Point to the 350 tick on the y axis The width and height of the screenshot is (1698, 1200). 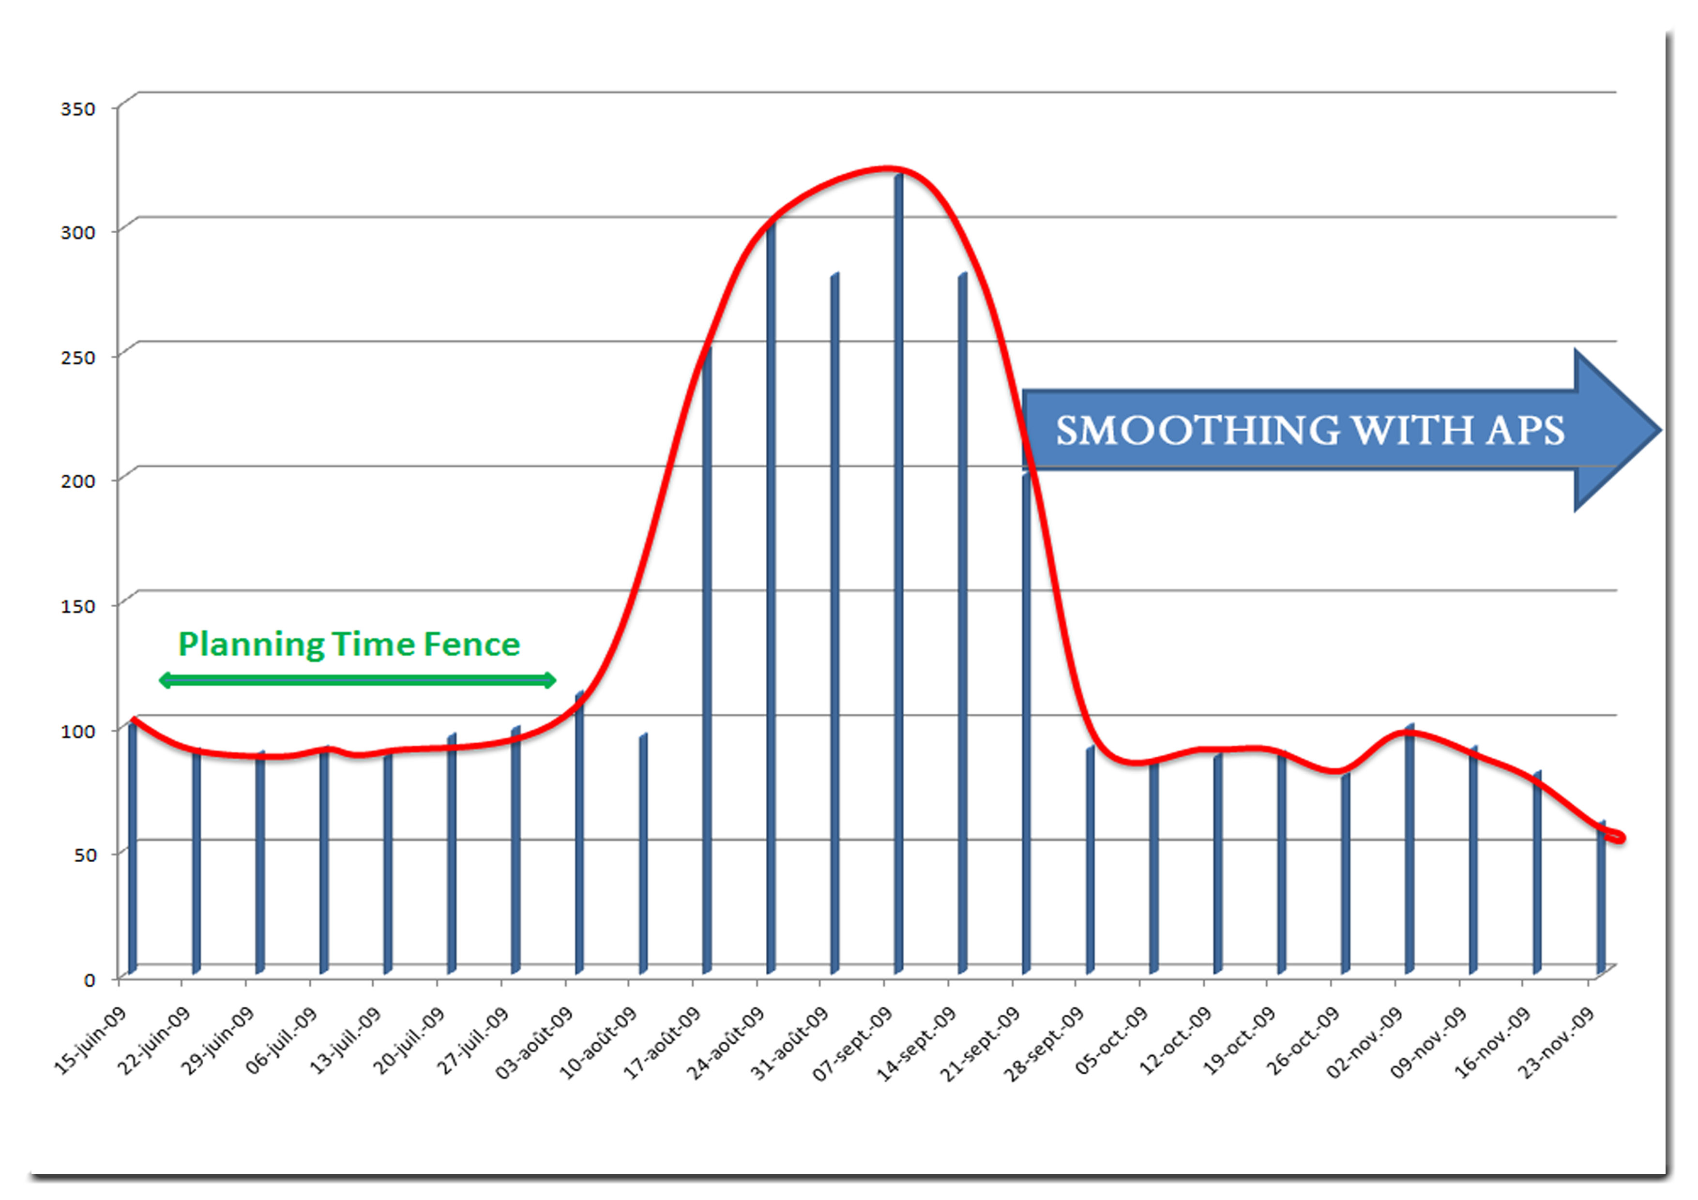[x=77, y=109]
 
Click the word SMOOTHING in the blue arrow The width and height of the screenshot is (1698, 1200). [x=1197, y=431]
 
